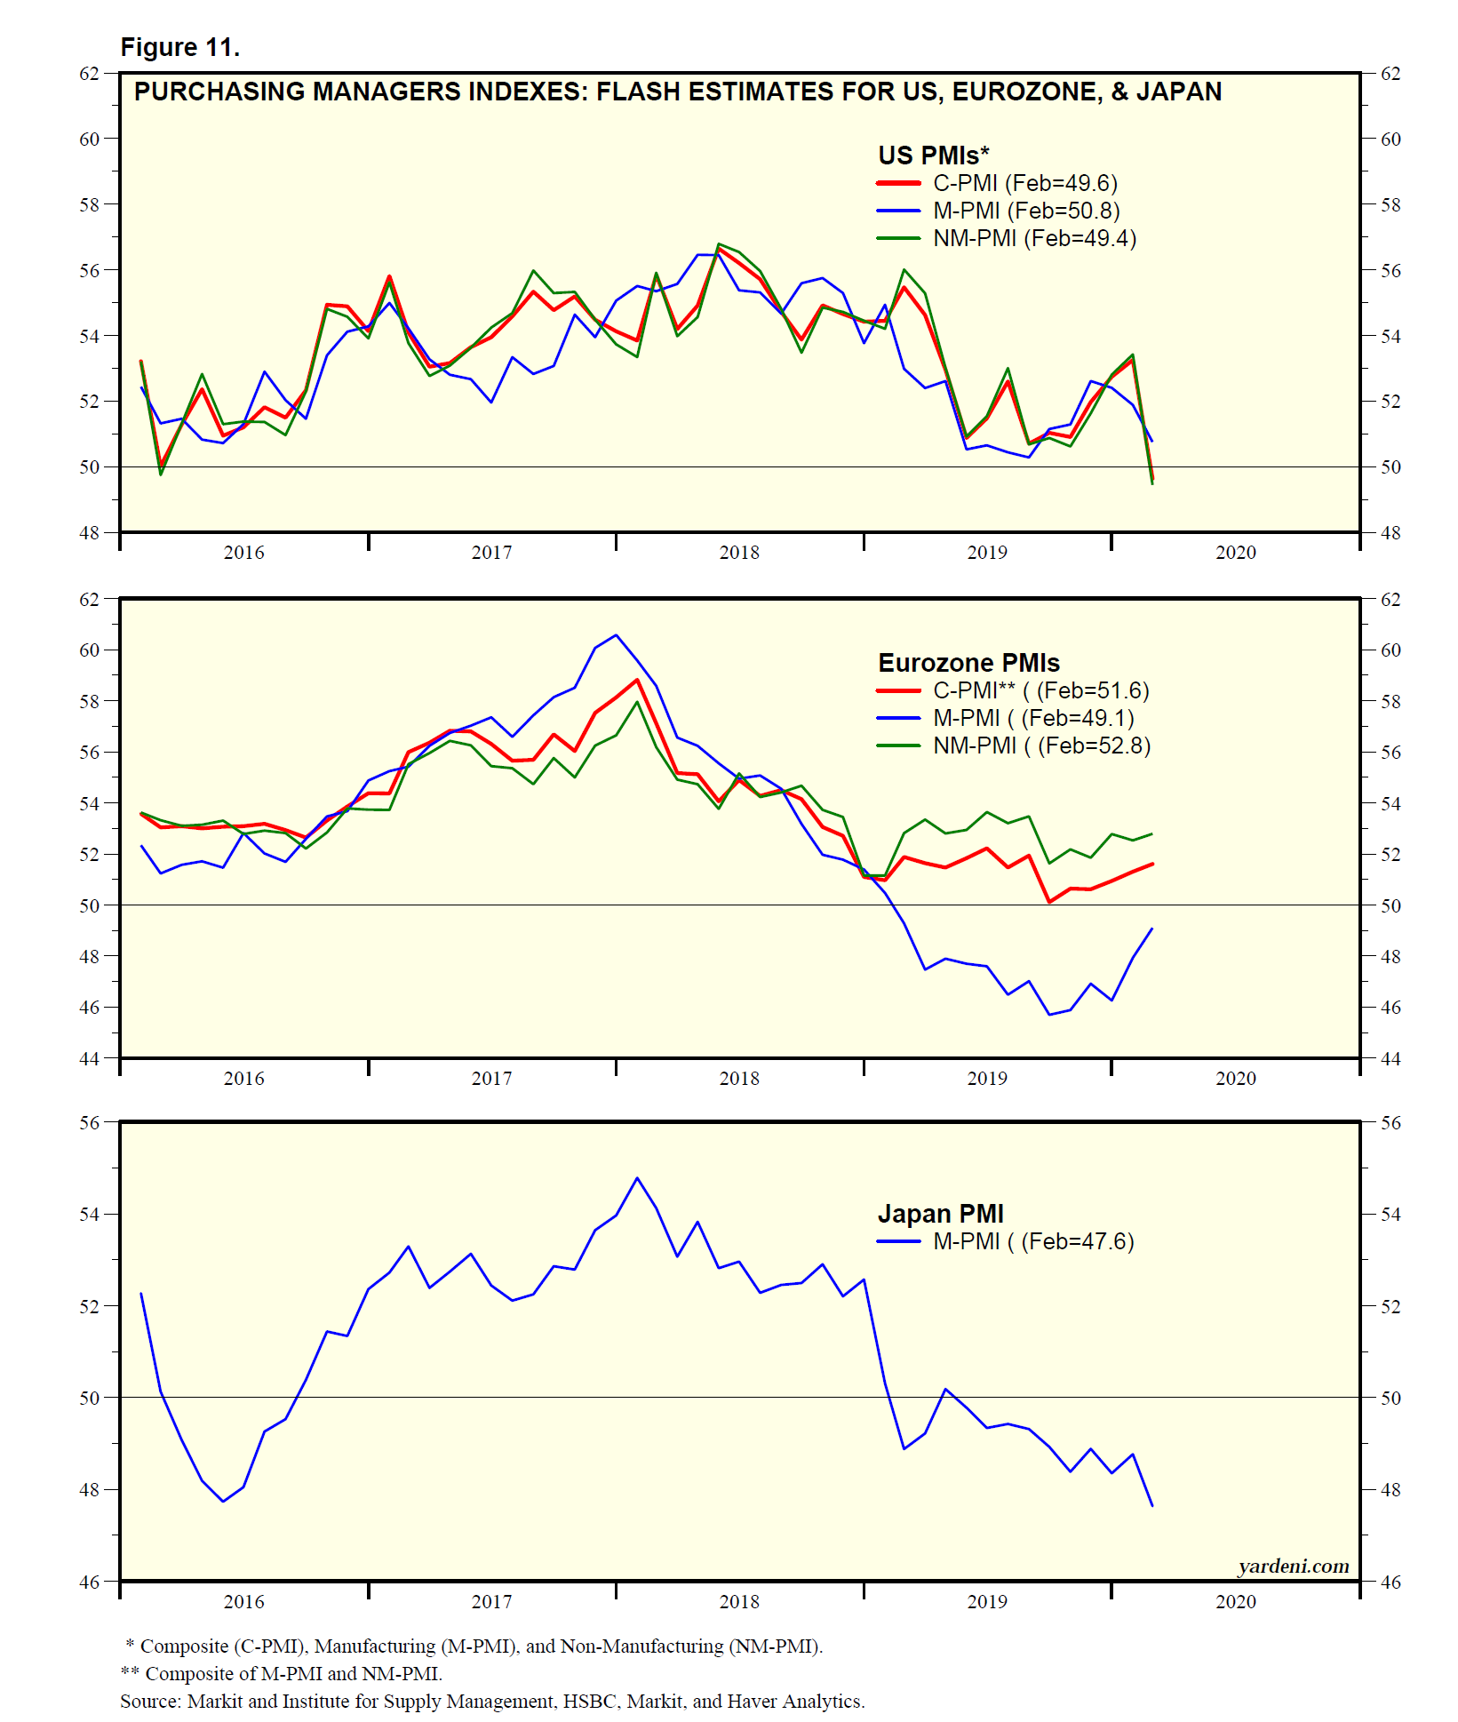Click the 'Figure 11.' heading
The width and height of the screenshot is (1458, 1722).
tap(180, 48)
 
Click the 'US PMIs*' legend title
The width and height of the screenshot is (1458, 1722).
tap(933, 155)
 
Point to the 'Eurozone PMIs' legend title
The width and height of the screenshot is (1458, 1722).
tap(968, 663)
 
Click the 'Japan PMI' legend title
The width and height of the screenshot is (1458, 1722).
tap(940, 1214)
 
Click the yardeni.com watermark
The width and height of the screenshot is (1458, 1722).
tap(1293, 1567)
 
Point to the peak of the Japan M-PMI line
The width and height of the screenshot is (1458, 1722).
tap(637, 1178)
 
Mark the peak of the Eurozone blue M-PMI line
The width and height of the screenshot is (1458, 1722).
tap(617, 634)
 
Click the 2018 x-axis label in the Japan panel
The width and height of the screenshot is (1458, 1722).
tap(739, 1601)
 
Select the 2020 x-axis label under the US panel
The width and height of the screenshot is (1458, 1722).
tap(1236, 553)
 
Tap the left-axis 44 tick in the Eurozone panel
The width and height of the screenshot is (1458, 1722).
tap(90, 1058)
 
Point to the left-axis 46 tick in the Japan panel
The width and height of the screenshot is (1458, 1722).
tap(90, 1582)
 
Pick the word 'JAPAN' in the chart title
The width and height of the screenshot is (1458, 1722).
tap(1179, 92)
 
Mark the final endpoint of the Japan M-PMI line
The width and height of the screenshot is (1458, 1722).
tap(1152, 1506)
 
